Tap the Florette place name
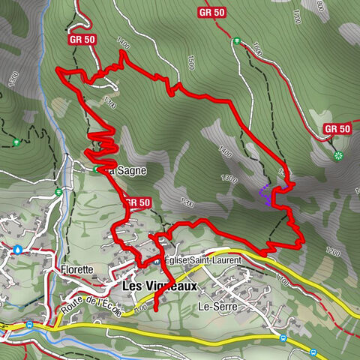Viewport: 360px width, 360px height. tap(78, 268)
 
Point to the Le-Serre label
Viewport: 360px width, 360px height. tap(214, 306)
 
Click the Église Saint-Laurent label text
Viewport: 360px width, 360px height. tap(202, 260)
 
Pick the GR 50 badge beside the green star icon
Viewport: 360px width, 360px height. tap(337, 129)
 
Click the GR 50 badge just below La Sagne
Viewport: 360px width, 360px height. tap(137, 202)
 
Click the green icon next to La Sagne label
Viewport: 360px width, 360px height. tap(95, 170)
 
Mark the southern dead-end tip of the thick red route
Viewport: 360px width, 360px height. tap(154, 310)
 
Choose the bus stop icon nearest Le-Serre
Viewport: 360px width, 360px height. tap(283, 339)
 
